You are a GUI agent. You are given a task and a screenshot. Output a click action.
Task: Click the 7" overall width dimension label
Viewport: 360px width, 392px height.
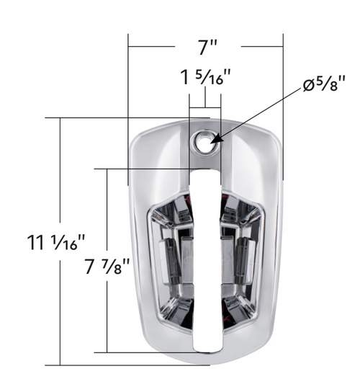[x=208, y=48]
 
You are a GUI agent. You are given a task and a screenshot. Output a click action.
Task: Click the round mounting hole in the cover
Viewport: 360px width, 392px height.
[x=205, y=142]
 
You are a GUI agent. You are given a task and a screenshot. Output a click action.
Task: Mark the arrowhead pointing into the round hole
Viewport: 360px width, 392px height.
[x=214, y=137]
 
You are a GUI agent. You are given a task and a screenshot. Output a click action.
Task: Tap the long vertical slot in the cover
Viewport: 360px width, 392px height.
[x=205, y=252]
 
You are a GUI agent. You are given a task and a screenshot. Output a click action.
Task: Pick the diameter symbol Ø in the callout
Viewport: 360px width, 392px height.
[x=307, y=87]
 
